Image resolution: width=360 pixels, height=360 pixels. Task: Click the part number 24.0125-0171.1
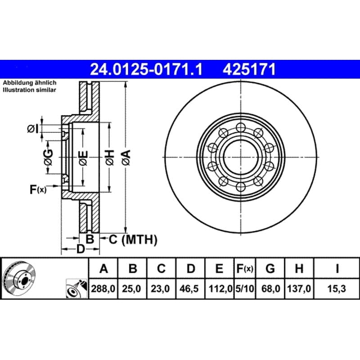[x=146, y=69]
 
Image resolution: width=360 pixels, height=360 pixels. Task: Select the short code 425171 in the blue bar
[x=249, y=69]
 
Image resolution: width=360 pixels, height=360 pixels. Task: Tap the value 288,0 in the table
[x=103, y=288]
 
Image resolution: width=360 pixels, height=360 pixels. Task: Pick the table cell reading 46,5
[x=189, y=288]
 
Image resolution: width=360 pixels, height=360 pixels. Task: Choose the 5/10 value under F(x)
[x=245, y=288]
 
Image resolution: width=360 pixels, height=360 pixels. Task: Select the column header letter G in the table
[x=270, y=268]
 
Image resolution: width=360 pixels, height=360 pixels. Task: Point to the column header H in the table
[x=299, y=268]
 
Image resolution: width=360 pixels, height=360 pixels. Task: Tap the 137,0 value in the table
[x=299, y=288]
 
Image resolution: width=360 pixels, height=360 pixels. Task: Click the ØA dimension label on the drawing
[x=126, y=157]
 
